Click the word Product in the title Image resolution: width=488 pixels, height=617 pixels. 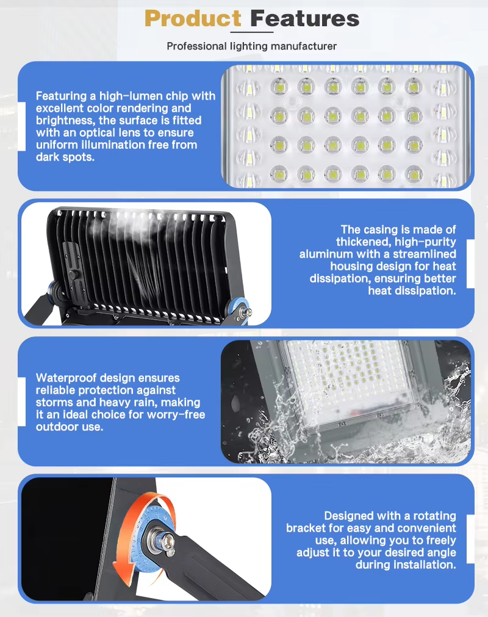click(193, 18)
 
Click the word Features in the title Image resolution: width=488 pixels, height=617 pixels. click(305, 18)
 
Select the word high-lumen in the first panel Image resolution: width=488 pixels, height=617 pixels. click(131, 96)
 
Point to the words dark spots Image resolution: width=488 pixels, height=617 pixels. click(65, 157)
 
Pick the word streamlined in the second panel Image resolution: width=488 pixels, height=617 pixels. click(425, 254)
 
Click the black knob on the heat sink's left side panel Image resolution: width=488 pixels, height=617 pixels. click(73, 275)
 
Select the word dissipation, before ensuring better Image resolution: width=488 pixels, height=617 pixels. click(340, 278)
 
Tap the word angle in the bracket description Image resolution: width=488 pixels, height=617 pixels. click(440, 553)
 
